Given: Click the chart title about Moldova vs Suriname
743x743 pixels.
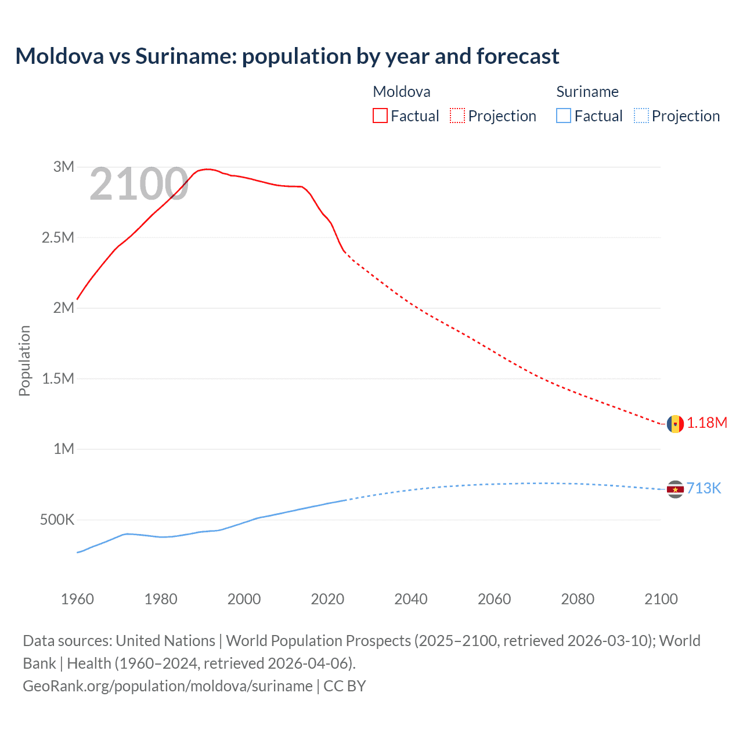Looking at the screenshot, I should pyautogui.click(x=287, y=56).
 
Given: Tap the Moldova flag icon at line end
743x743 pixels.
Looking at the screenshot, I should pyautogui.click(x=675, y=424).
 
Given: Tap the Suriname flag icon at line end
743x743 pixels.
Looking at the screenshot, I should pyautogui.click(x=675, y=489).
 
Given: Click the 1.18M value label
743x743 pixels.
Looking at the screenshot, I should pyautogui.click(x=707, y=423).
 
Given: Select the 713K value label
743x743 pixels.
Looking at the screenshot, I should pyautogui.click(x=704, y=489).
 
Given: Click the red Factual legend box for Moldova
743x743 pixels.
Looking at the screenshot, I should pyautogui.click(x=380, y=116).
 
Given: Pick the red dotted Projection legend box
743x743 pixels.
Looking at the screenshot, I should pyautogui.click(x=457, y=116).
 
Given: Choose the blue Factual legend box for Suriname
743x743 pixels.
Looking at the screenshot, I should pyautogui.click(x=564, y=116).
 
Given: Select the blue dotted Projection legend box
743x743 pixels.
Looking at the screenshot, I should pyautogui.click(x=641, y=116).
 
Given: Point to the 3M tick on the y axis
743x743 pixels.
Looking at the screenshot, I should pyautogui.click(x=64, y=167).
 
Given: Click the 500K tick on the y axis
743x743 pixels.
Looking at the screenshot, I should pyautogui.click(x=57, y=520).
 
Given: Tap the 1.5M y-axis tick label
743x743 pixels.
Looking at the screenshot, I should pyautogui.click(x=58, y=379).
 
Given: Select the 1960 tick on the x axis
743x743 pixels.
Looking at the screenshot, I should pyautogui.click(x=77, y=599).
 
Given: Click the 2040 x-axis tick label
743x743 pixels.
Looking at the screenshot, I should pyautogui.click(x=411, y=599).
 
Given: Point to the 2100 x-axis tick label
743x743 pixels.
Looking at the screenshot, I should pyautogui.click(x=661, y=599).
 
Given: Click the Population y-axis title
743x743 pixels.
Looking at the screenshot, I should pyautogui.click(x=24, y=360).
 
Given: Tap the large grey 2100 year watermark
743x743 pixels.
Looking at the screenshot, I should pyautogui.click(x=139, y=185).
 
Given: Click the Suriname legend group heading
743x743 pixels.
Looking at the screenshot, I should pyautogui.click(x=587, y=92).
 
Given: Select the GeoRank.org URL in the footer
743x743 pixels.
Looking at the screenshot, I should pyautogui.click(x=168, y=686).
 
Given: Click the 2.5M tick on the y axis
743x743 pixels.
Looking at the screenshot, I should pyautogui.click(x=58, y=238).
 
